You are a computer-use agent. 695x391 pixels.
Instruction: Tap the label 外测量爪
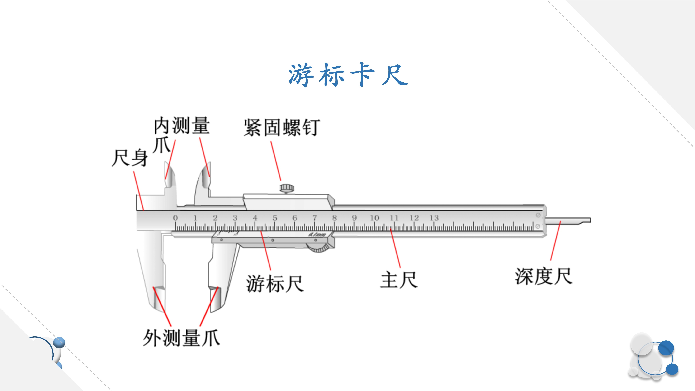[181, 338]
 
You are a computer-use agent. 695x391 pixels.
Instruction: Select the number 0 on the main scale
[175, 218]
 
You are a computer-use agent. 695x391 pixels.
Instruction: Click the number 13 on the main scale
[434, 218]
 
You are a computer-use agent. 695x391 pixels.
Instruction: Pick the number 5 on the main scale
[275, 218]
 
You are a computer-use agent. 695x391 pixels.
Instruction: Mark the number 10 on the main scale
[374, 218]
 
